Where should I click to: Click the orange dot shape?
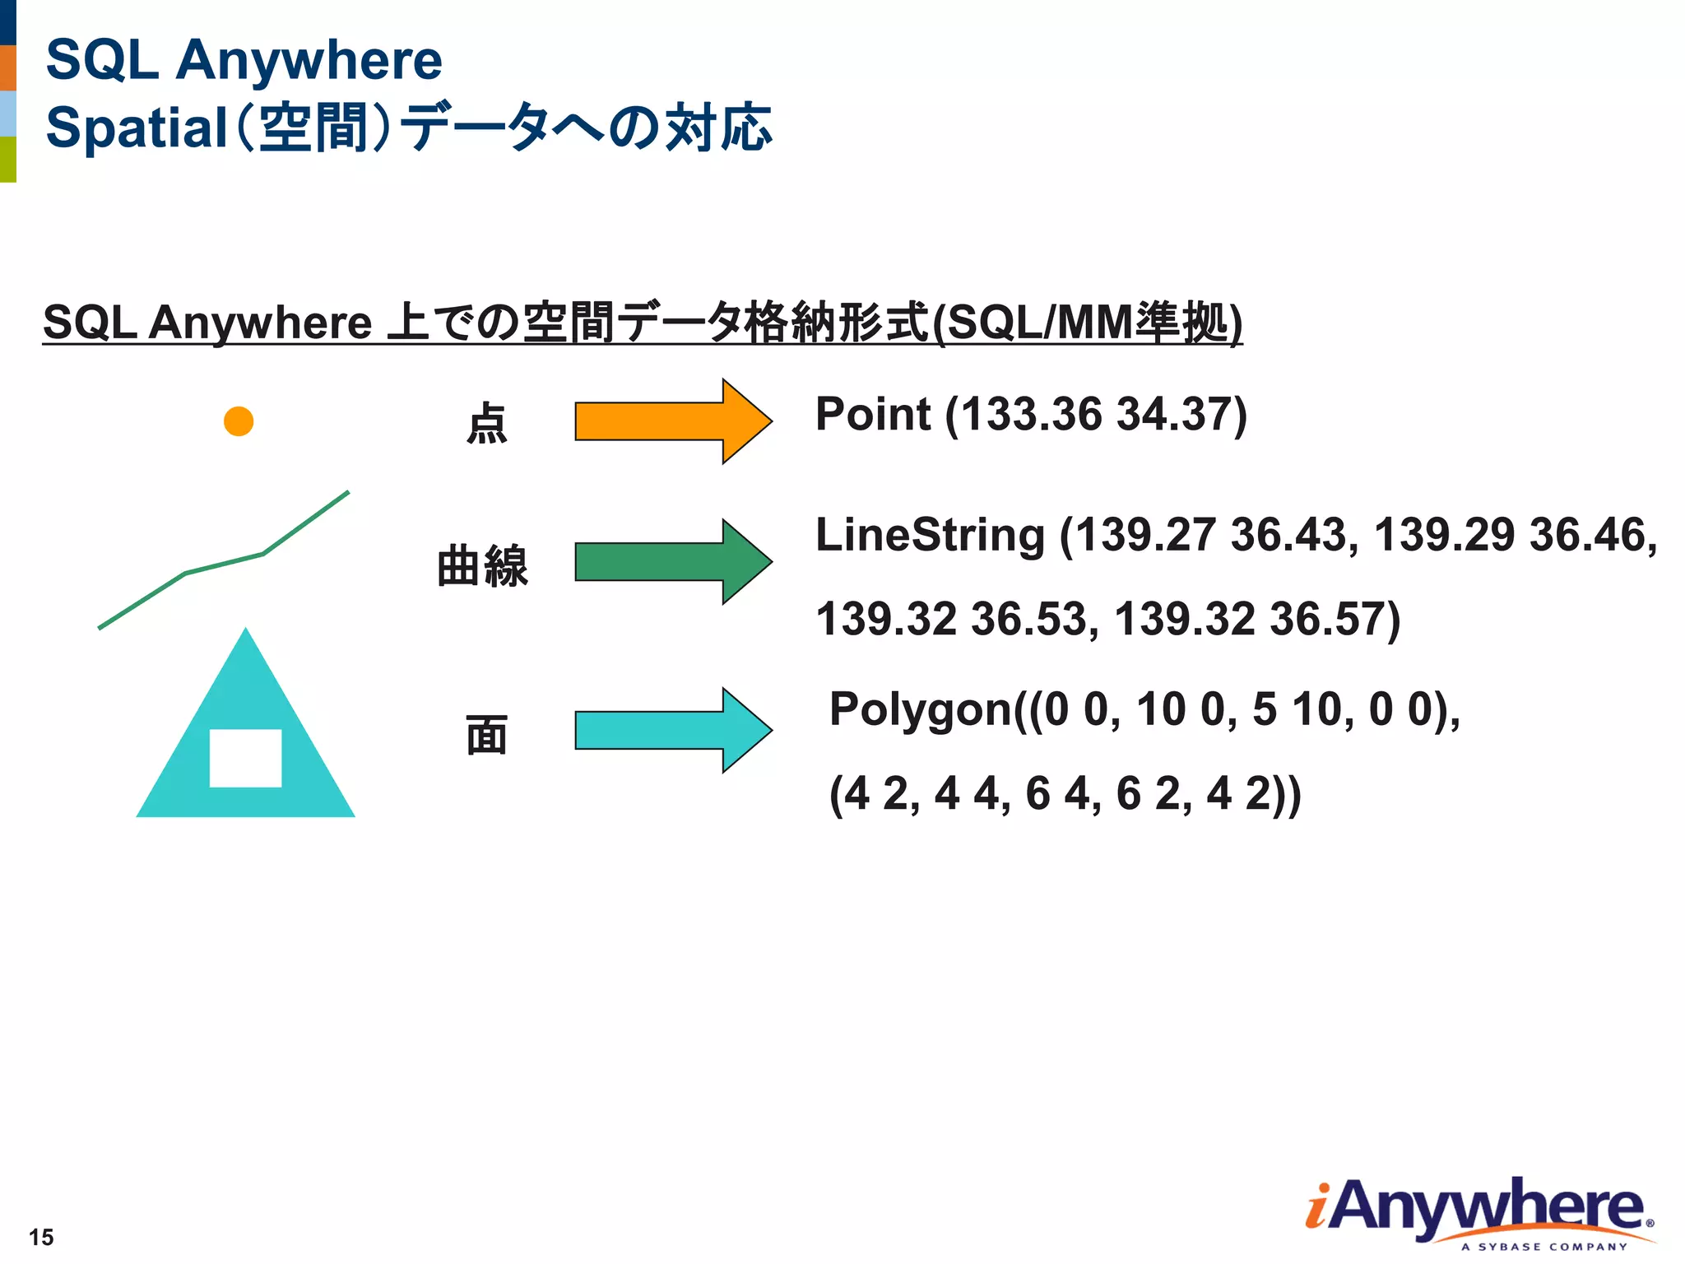(x=239, y=421)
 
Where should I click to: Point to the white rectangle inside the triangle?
(x=245, y=758)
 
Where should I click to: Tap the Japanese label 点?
(x=486, y=423)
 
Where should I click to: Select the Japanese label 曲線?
(x=482, y=565)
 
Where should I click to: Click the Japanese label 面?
(x=486, y=735)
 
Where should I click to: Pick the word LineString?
(x=930, y=535)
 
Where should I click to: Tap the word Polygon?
(x=920, y=709)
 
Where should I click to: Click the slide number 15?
(x=41, y=1237)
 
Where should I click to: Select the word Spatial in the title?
(x=136, y=128)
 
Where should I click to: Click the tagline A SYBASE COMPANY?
(x=1544, y=1247)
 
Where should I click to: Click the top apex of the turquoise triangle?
(x=245, y=634)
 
